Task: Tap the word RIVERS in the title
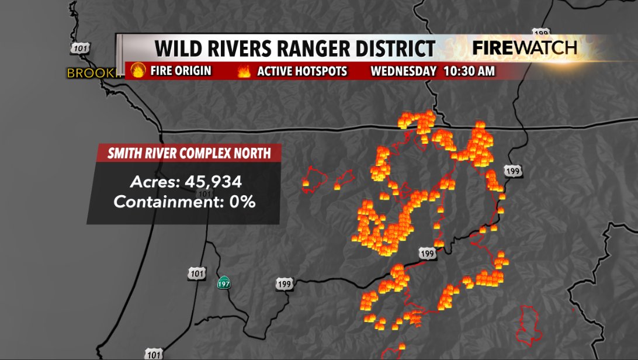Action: (235, 48)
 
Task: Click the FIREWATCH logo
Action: (525, 48)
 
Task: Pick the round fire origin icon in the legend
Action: (138, 71)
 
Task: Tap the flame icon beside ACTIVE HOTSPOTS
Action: (244, 71)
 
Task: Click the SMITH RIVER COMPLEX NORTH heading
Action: (189, 154)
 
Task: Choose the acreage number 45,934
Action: (213, 182)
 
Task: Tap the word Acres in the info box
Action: (155, 182)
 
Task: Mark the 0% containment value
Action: (242, 202)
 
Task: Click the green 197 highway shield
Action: (224, 283)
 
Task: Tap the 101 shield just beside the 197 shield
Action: (197, 273)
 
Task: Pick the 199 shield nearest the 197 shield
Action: (284, 284)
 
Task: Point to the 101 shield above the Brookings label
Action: (79, 49)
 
